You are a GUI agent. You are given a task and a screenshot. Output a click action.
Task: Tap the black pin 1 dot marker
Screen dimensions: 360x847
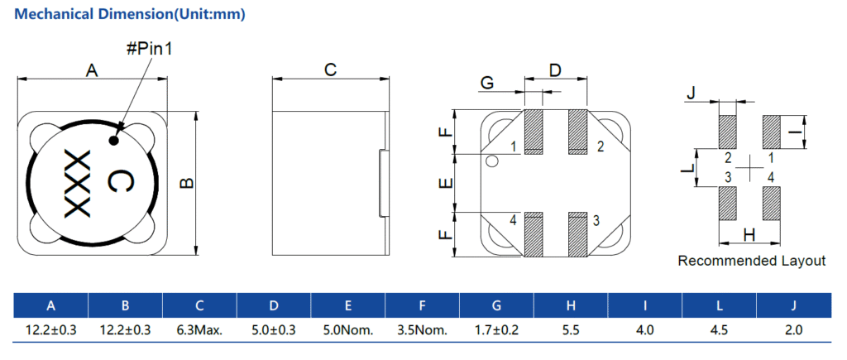(x=114, y=140)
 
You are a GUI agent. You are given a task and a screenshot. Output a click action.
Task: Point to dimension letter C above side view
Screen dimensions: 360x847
(x=330, y=70)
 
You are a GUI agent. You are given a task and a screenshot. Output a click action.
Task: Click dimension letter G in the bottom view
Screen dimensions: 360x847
(x=487, y=83)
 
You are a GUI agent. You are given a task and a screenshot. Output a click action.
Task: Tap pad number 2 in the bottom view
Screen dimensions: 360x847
(x=601, y=147)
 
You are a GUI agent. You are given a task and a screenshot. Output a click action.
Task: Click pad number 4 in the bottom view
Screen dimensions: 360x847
(x=514, y=220)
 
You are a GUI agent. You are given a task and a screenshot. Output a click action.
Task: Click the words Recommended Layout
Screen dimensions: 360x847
(x=751, y=262)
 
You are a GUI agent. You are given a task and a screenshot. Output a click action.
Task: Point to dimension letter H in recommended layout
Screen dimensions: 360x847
(x=749, y=235)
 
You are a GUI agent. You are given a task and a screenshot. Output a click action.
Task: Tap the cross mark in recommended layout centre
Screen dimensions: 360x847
(x=749, y=168)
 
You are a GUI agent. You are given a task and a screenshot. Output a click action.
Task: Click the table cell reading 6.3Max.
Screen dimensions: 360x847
(x=199, y=329)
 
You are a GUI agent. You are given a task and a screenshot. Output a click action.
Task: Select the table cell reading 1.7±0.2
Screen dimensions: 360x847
(x=496, y=329)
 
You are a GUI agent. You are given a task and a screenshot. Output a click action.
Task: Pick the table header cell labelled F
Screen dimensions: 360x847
(x=423, y=305)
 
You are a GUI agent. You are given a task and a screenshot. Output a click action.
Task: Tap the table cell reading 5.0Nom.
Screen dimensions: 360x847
(x=348, y=329)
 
